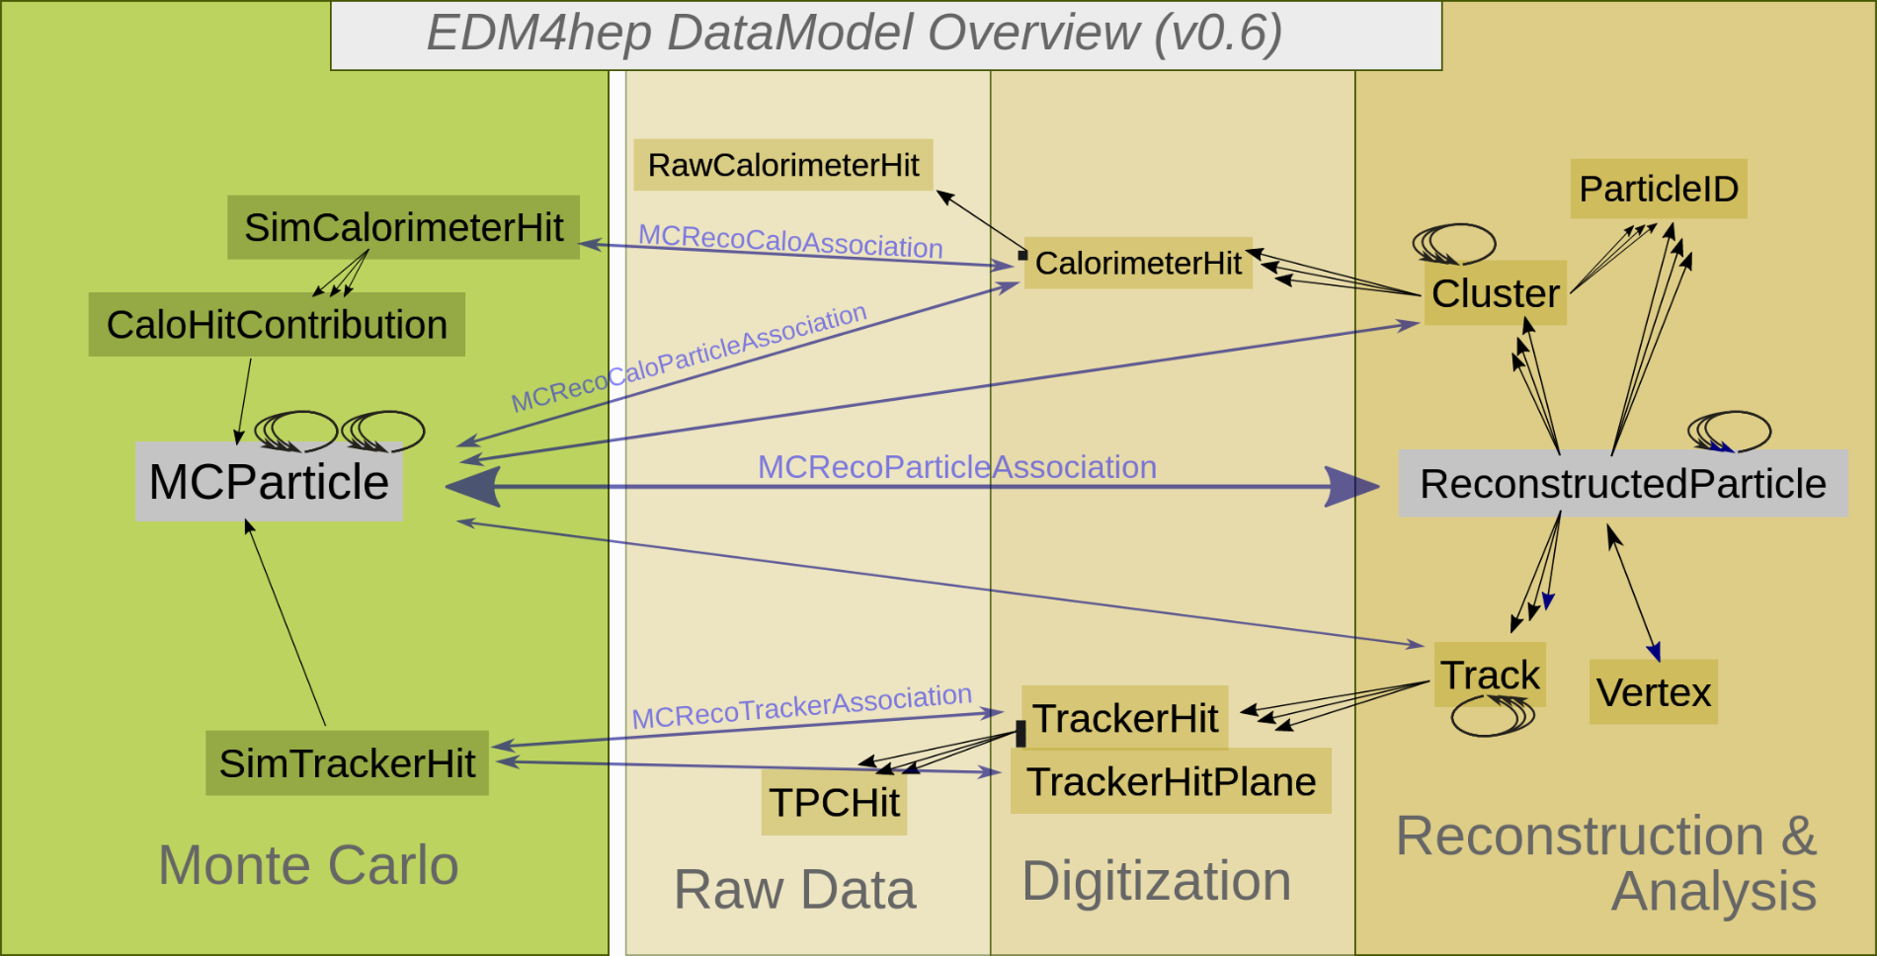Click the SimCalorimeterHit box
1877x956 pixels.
point(403,228)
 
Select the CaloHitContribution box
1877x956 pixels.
point(277,325)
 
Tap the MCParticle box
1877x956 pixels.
point(269,482)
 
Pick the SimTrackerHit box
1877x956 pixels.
point(347,763)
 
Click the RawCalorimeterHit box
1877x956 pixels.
point(783,165)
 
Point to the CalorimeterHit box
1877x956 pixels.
point(1138,264)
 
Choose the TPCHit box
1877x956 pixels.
point(834,803)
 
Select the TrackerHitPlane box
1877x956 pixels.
point(1171,781)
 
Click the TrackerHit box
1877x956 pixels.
point(1125,718)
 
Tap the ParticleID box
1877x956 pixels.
point(1659,189)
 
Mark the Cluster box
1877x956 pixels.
point(1495,293)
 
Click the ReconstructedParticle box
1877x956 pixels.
point(1623,484)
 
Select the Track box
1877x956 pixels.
point(1490,676)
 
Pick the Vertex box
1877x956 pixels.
point(1654,692)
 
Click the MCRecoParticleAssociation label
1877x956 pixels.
point(956,466)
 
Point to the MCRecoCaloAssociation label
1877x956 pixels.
point(790,241)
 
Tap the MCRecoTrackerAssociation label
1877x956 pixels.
point(801,706)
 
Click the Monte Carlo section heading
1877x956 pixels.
point(308,865)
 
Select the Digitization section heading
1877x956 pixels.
point(1156,881)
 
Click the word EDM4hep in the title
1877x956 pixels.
point(539,33)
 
